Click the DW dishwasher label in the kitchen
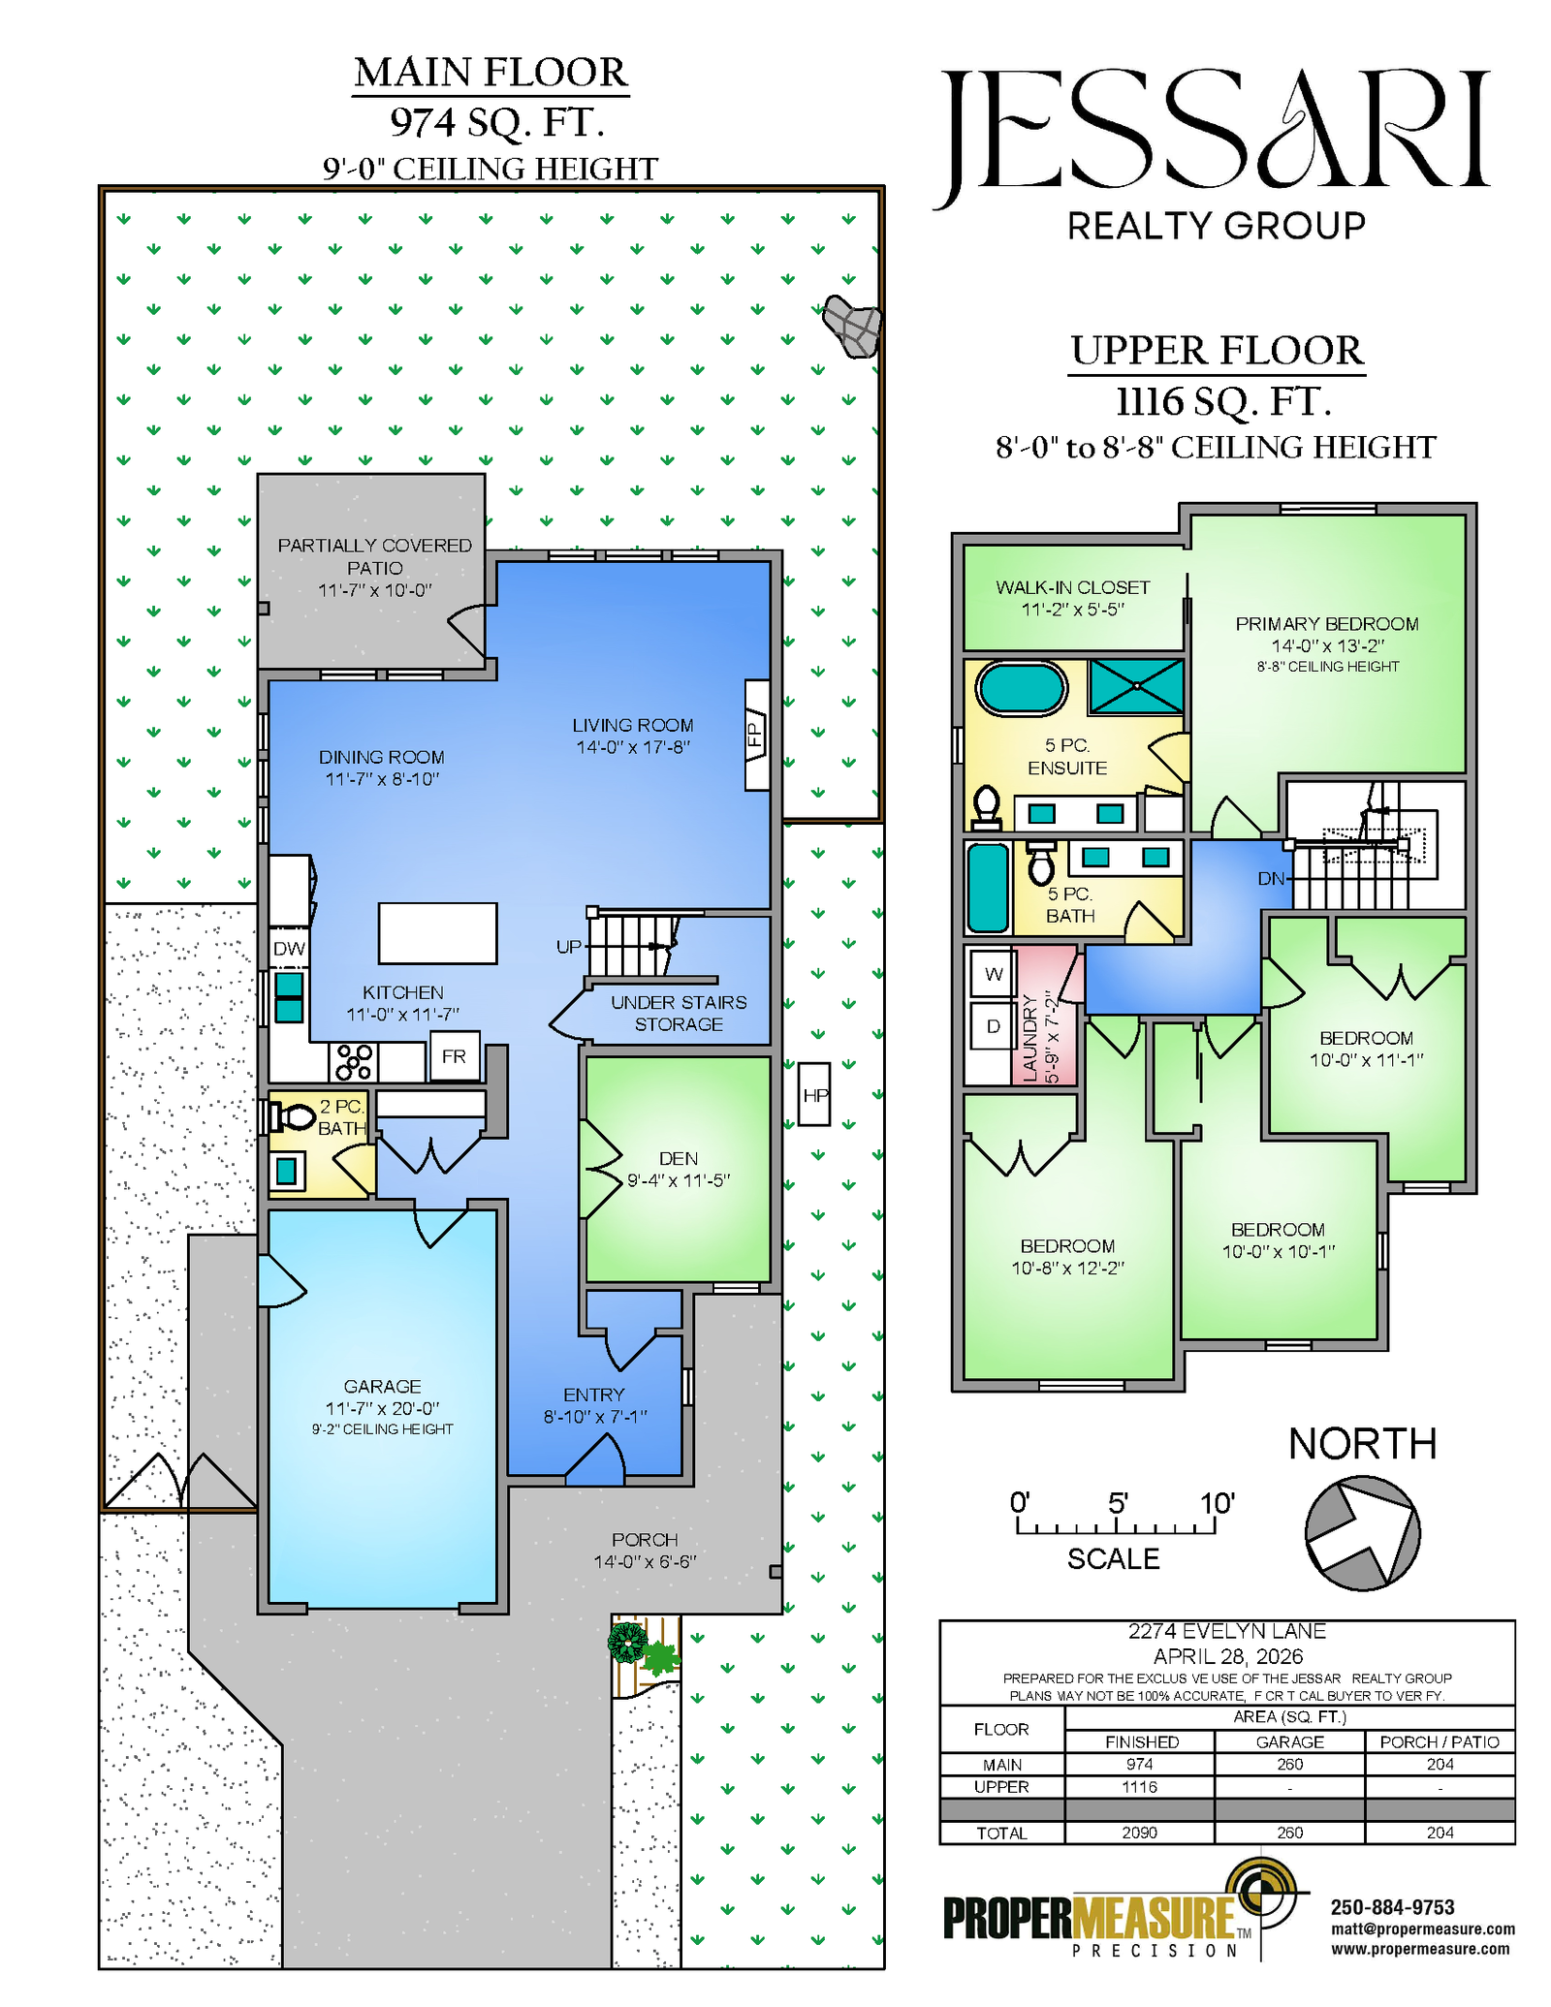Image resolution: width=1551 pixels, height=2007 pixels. tap(289, 949)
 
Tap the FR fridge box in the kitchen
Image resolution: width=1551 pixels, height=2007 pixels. tap(454, 1056)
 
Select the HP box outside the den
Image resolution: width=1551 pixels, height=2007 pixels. tap(814, 1095)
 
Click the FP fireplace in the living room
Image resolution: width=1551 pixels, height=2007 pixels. tap(757, 735)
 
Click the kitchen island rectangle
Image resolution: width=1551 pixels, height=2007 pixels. tap(437, 933)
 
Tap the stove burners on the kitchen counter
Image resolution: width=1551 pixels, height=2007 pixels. tap(353, 1061)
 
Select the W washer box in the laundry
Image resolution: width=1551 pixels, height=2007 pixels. tap(994, 974)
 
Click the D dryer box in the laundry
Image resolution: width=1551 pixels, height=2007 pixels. tap(994, 1026)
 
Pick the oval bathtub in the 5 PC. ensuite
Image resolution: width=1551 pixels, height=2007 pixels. tap(1021, 689)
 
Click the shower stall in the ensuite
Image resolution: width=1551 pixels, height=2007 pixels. tap(1136, 686)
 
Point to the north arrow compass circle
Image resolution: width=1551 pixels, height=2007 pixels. tap(1362, 1533)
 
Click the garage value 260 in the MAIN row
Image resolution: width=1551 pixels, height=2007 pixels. tap(1289, 1765)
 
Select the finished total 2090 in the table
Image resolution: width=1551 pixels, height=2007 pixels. tap(1140, 1833)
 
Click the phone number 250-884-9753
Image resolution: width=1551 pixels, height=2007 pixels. tap(1392, 1907)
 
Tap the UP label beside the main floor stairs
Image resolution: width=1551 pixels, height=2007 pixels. tap(569, 947)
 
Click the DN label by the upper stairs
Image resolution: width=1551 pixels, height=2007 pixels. tap(1271, 879)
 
